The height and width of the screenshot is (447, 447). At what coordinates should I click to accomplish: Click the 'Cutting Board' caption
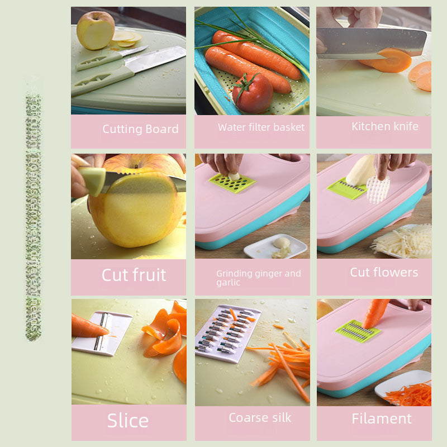(x=140, y=129)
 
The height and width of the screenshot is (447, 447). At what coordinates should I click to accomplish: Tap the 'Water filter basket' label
(x=261, y=127)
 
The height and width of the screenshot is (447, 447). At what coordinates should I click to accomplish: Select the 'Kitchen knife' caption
(x=384, y=126)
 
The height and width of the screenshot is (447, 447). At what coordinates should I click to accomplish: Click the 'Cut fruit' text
(x=134, y=275)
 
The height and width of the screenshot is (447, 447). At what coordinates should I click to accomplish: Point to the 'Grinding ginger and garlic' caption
(x=258, y=278)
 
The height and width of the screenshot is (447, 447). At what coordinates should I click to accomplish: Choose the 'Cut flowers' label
(x=384, y=272)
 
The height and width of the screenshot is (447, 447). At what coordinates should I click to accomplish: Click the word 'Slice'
(x=128, y=421)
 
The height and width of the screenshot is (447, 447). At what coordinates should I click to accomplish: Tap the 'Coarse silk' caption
(x=260, y=418)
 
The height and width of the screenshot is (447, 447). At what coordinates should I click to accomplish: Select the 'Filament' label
(x=382, y=419)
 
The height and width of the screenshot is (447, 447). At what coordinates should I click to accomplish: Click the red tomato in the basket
(x=253, y=92)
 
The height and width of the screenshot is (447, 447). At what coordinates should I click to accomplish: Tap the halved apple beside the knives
(x=96, y=30)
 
